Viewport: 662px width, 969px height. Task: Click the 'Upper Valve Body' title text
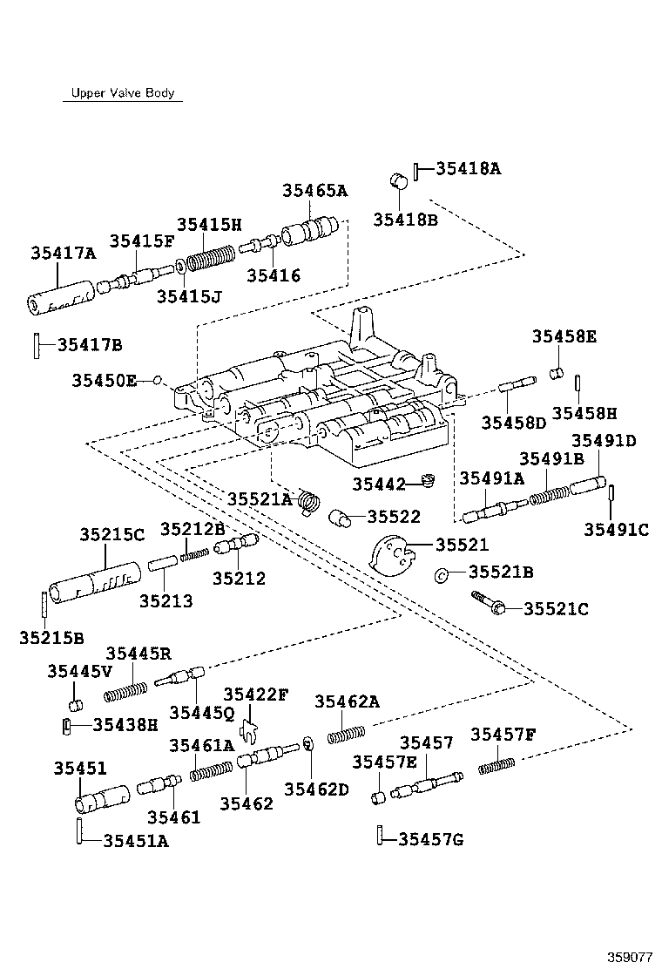click(121, 93)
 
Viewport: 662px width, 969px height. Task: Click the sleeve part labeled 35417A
click(59, 298)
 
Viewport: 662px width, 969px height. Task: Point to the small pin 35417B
click(37, 344)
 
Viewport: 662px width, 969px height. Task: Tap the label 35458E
click(564, 336)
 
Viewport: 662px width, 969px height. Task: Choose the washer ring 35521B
click(442, 573)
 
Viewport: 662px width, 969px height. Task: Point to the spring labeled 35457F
click(497, 764)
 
